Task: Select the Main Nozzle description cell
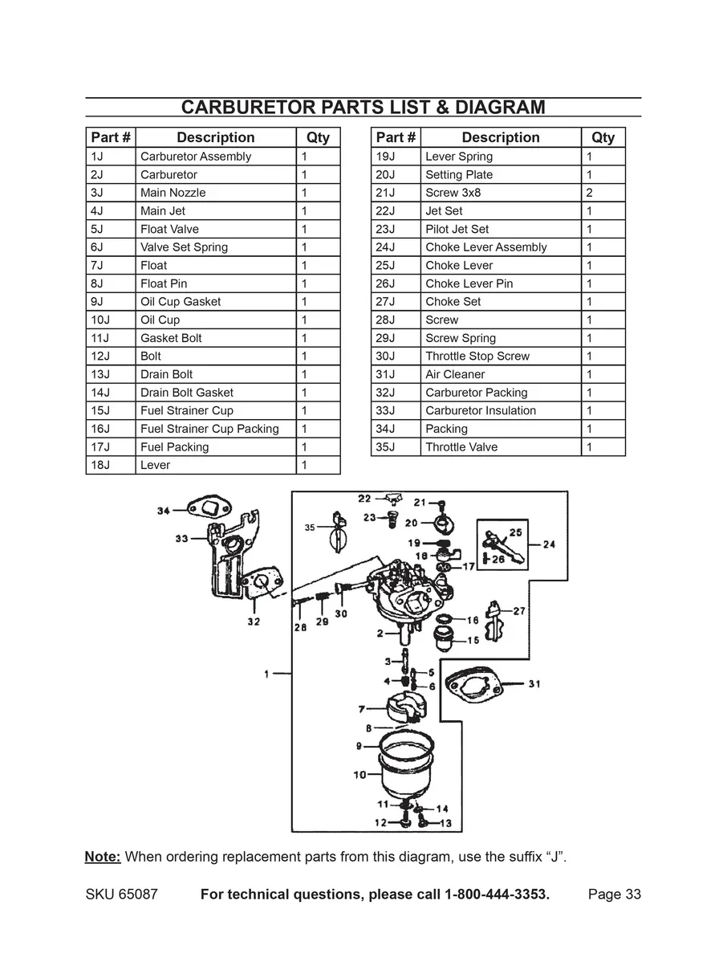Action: [173, 193]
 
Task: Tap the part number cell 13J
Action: [100, 374]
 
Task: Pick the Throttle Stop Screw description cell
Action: [477, 357]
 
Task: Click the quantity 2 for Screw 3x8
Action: [590, 193]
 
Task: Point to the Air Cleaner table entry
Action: [455, 374]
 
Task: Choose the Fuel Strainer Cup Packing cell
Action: [209, 429]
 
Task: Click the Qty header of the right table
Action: [603, 137]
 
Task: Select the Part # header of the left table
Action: [111, 137]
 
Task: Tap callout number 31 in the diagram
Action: [534, 684]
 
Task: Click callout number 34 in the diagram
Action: [164, 511]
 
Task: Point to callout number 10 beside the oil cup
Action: [359, 775]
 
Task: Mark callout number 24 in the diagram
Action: [549, 544]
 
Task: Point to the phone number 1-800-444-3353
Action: [497, 895]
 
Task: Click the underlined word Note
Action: [103, 857]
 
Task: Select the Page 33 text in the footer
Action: [614, 895]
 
